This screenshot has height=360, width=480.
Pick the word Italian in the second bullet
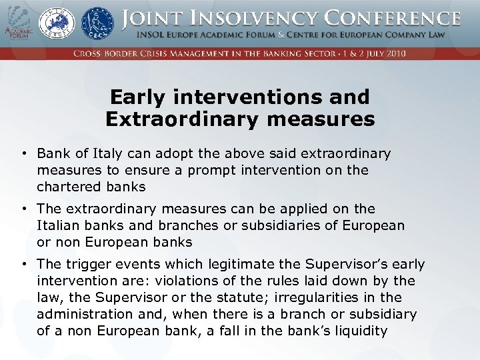59,225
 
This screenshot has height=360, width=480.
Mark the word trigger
87,265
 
